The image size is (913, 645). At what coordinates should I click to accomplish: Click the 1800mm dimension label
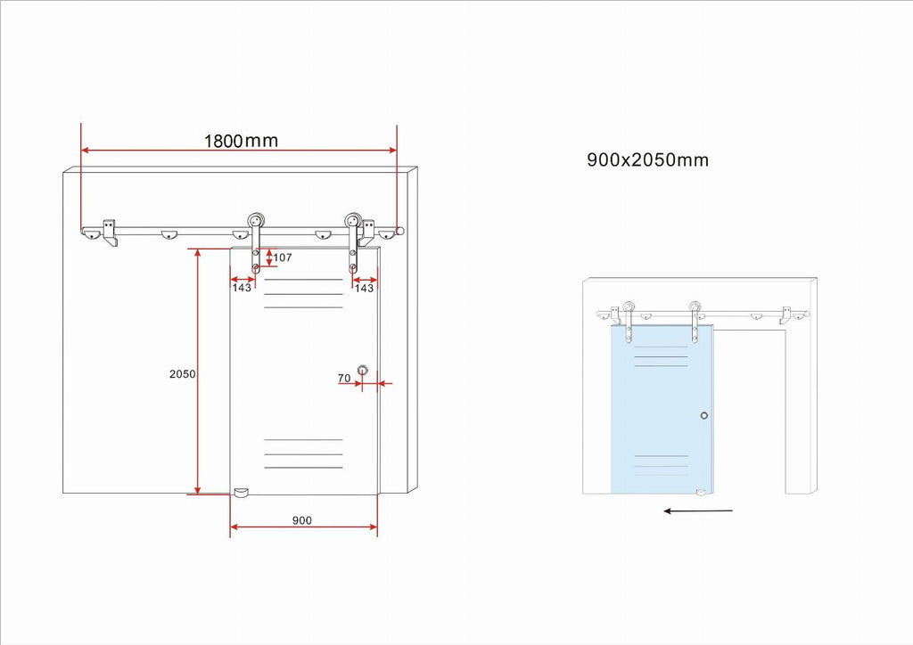coord(241,141)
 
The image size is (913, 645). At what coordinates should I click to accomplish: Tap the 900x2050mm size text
coord(647,160)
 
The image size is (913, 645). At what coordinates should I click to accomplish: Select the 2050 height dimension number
coord(182,374)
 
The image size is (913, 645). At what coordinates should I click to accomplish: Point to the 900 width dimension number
coord(302,520)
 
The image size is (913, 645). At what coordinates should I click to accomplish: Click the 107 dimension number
coord(283,257)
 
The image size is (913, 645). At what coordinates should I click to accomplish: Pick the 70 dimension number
coord(344,378)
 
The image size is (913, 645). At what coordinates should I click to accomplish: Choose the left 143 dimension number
coord(242,288)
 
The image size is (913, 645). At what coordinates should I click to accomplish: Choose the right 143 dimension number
coord(364,288)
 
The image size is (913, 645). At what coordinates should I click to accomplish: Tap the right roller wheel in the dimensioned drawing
coord(353,221)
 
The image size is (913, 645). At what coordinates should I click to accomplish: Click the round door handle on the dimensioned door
coord(363,370)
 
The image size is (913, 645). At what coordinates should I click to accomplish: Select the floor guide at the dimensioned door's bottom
coord(241,493)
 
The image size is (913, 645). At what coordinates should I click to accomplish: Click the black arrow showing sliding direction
coord(698,511)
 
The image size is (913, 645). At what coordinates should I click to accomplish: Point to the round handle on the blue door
coord(704,415)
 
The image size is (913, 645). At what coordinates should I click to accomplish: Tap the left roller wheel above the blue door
coord(629,307)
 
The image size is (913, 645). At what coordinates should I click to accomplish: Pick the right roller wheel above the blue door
coord(695,307)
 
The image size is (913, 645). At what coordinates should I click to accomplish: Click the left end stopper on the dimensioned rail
coord(110,233)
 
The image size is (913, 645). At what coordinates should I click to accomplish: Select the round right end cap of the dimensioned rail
coord(399,231)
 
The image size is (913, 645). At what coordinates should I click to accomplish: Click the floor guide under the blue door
coord(701,494)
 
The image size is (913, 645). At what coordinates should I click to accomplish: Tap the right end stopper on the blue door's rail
coord(786,314)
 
